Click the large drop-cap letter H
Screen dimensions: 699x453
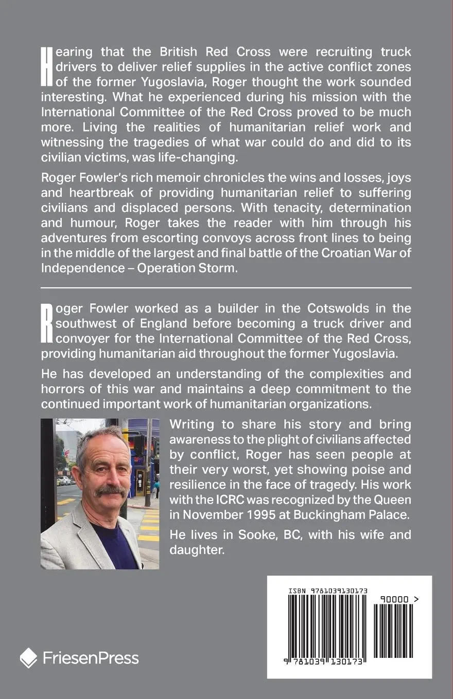point(46,66)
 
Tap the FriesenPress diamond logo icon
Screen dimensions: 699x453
point(29,658)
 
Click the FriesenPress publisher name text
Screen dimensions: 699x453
point(91,658)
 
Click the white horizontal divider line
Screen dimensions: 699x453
point(226,287)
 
